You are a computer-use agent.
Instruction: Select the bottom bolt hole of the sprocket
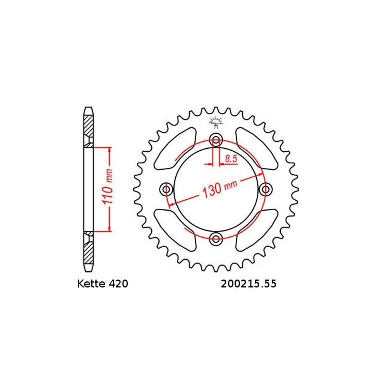(216, 238)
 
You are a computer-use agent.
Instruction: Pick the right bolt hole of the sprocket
(264, 190)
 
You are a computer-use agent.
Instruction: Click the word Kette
(92, 284)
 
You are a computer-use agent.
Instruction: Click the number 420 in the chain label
(118, 284)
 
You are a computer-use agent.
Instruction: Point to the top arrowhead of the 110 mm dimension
(110, 150)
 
